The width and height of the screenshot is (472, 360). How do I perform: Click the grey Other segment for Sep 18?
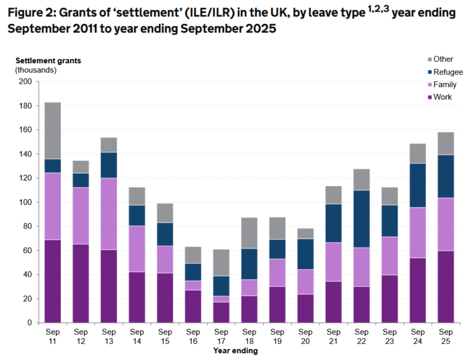249,232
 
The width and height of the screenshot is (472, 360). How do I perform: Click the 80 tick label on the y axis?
27,226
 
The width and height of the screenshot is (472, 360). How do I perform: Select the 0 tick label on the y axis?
29,323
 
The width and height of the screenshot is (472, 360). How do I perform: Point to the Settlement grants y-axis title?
48,60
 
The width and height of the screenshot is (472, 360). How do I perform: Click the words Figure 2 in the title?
30,10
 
